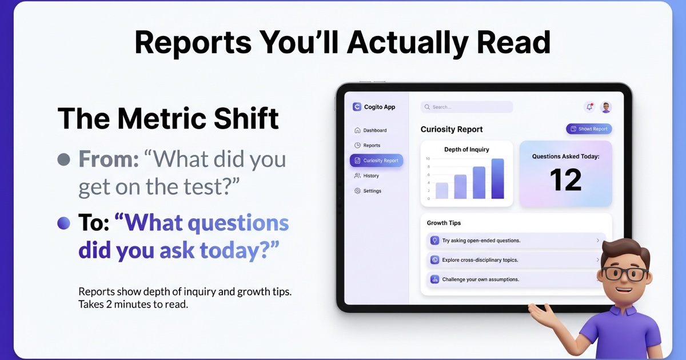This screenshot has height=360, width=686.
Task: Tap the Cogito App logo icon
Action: click(357, 107)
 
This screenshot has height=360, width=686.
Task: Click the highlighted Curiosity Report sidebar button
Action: click(376, 161)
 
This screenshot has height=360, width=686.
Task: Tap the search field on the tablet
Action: click(466, 107)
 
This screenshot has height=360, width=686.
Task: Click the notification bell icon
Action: click(589, 107)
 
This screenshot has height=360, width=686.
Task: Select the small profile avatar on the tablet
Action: click(606, 107)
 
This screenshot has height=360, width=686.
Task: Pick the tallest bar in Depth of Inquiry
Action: click(497, 179)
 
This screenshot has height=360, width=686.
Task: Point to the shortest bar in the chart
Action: click(442, 191)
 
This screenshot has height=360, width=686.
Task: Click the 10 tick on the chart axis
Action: click(428, 158)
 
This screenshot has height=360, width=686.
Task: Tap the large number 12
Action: click(565, 180)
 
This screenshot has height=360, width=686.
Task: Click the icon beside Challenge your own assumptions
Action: click(434, 279)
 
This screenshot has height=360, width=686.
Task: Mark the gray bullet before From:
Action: click(64, 159)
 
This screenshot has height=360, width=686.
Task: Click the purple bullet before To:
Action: click(64, 223)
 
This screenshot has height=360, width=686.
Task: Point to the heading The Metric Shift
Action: click(168, 119)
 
